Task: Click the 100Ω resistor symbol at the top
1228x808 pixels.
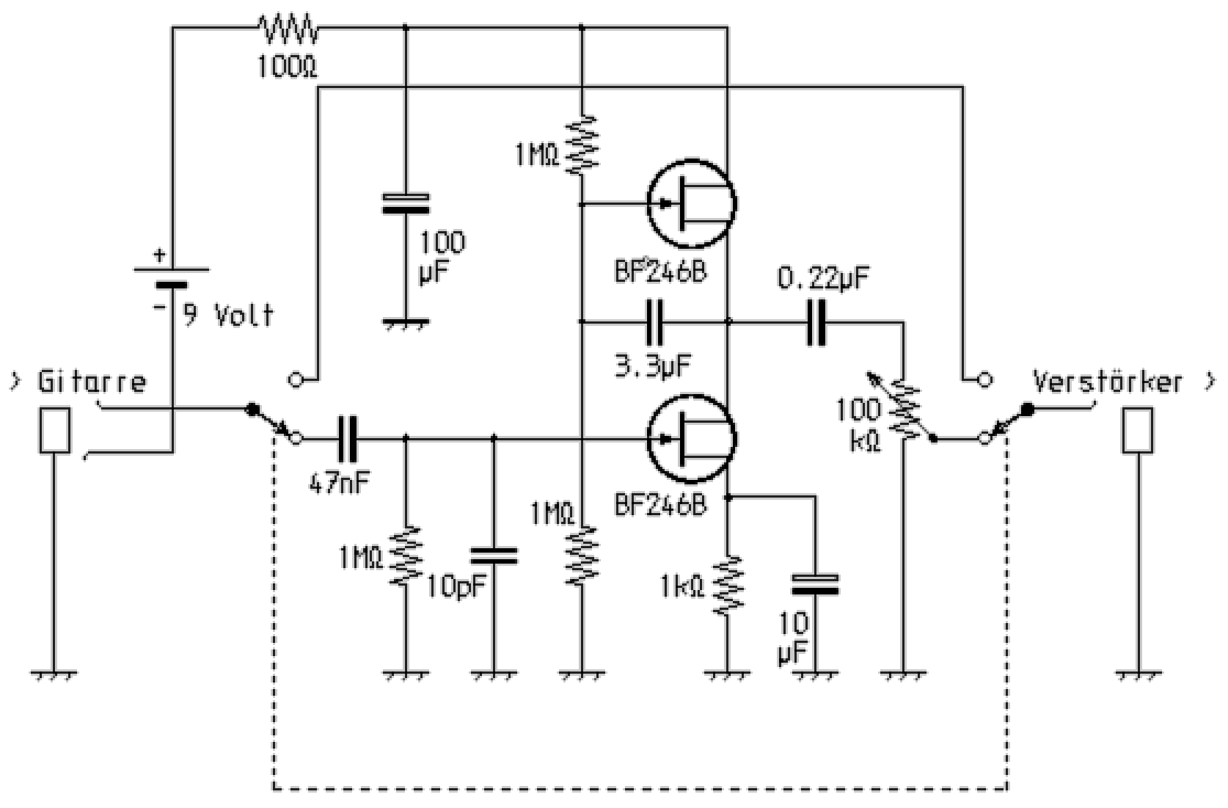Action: tap(288, 29)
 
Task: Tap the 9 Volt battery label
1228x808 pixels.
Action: tap(228, 315)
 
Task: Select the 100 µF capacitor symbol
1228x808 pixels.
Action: tap(406, 203)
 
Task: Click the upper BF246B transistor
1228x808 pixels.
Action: tap(692, 204)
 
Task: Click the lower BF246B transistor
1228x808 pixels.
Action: tap(692, 439)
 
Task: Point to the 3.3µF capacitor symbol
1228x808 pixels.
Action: tap(654, 321)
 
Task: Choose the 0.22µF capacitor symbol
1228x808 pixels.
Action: tap(816, 321)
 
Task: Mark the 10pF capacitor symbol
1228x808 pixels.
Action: tap(493, 555)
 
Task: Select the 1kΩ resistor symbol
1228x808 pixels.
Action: tap(728, 585)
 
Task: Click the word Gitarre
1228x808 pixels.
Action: tap(92, 382)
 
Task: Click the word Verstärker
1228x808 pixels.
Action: tap(1108, 382)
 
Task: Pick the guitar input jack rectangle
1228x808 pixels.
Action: tap(54, 431)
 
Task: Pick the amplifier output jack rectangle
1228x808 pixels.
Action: tap(1138, 431)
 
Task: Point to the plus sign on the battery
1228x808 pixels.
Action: tap(159, 256)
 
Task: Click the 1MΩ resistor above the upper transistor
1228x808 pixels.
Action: tap(581, 144)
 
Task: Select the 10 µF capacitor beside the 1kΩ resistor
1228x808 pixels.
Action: tap(815, 584)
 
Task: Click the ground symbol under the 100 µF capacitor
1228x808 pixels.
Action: tap(406, 322)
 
